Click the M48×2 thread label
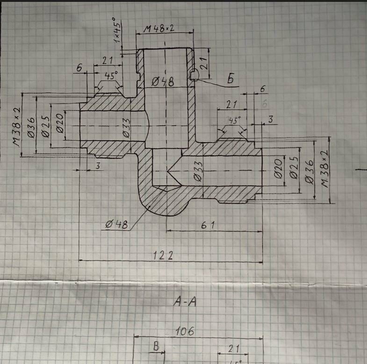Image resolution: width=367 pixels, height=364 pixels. coord(159,29)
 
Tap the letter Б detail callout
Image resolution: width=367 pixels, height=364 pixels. coord(230,79)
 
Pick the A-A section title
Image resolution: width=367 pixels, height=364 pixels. coord(185,302)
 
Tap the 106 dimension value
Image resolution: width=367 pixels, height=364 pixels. coord(185,332)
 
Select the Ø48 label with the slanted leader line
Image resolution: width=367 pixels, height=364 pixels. coord(116,225)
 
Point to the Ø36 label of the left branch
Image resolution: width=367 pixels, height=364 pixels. coord(31,127)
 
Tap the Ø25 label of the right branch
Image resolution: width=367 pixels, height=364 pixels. coord(294,169)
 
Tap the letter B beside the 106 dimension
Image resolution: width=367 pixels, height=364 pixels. coord(157,347)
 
